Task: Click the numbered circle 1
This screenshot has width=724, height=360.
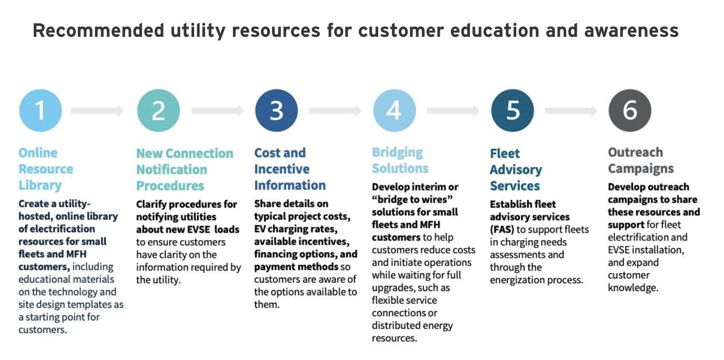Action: click(x=41, y=111)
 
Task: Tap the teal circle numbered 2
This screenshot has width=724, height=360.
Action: click(x=158, y=111)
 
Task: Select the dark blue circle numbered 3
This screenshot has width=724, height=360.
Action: click(x=276, y=111)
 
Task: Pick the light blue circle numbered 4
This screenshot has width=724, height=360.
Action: click(x=394, y=111)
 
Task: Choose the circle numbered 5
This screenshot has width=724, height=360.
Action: click(x=512, y=111)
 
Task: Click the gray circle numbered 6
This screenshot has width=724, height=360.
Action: click(x=630, y=111)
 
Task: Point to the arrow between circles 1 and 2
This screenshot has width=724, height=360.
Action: click(x=97, y=111)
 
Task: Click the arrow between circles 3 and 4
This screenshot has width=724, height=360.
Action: click(x=335, y=111)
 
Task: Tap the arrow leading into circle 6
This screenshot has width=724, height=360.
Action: click(x=571, y=111)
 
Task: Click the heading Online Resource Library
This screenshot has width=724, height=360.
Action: click(x=46, y=169)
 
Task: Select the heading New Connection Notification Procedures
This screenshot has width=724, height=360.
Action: click(x=185, y=169)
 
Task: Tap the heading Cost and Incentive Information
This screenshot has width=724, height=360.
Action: click(x=290, y=169)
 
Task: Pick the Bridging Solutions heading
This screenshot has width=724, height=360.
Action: click(x=400, y=161)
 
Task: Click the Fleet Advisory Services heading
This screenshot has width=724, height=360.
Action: click(x=516, y=169)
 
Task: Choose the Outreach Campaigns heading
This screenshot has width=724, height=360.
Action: click(x=641, y=161)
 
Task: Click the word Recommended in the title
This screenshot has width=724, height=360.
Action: click(x=98, y=31)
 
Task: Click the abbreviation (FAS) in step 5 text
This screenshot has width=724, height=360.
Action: click(x=501, y=229)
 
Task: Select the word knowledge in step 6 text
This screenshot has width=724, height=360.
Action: click(x=633, y=288)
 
